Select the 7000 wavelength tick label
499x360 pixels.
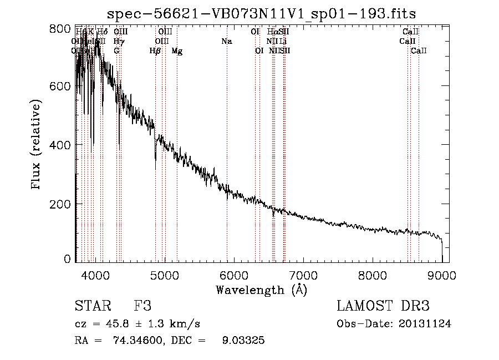[303, 275]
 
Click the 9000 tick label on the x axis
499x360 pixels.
[442, 275]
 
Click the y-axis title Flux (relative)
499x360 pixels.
[37, 145]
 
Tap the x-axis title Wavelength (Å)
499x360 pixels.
[261, 290]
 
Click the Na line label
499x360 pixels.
[226, 41]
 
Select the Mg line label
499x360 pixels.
[177, 51]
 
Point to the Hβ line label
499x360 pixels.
[155, 51]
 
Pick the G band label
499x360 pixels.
[116, 51]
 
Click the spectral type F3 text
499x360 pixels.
[142, 307]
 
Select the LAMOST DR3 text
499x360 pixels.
[383, 307]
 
